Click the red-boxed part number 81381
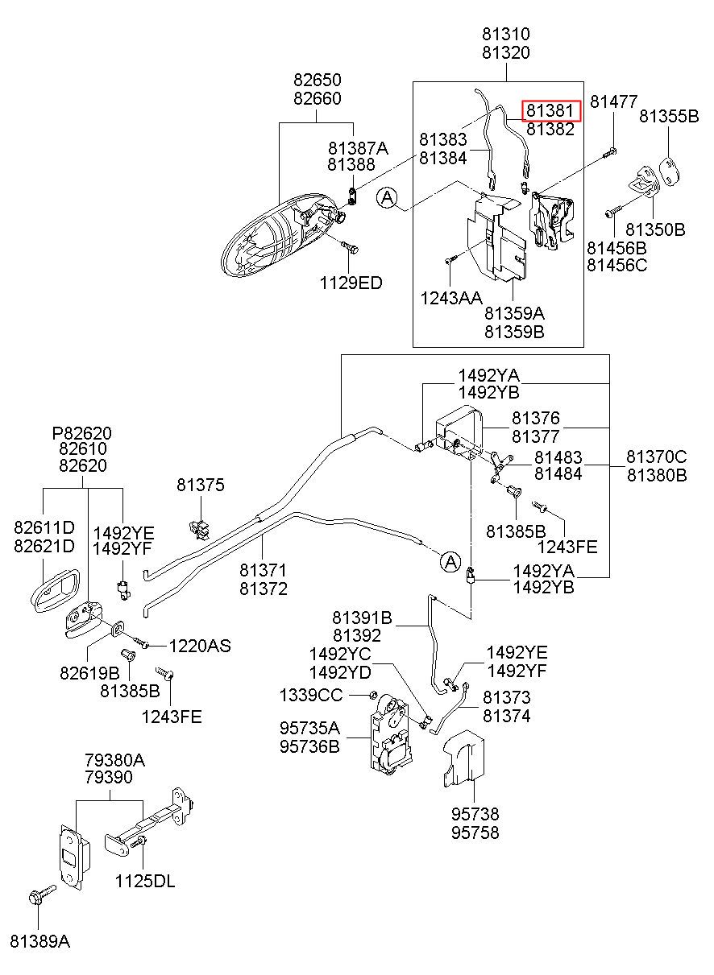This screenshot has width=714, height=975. point(550,110)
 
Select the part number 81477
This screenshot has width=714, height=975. point(614,102)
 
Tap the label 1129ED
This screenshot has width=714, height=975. point(351,283)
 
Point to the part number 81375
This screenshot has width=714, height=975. point(201,485)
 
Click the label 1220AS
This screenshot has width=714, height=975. point(200,646)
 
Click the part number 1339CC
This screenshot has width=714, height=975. point(310,696)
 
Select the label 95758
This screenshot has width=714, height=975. point(475,833)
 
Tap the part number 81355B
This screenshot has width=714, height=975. point(669,116)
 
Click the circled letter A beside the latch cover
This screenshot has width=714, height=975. point(387,198)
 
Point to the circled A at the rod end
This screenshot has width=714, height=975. point(450,561)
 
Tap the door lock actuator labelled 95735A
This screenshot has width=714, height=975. point(389,735)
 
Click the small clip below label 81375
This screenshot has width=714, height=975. point(199,529)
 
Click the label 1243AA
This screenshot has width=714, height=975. point(450,298)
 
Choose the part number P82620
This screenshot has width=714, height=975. point(82,433)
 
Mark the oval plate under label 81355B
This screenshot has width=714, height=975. point(669,170)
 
